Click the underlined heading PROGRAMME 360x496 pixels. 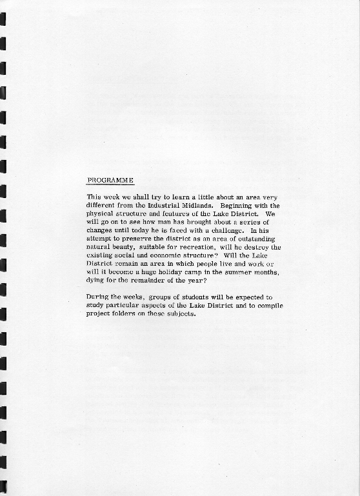[110, 180]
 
